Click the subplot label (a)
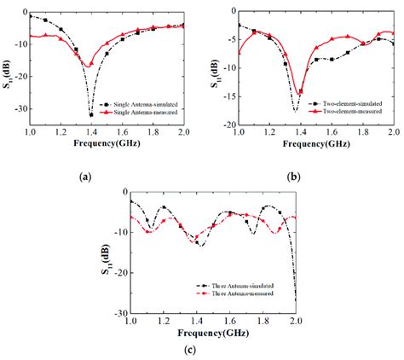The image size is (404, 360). point(84,177)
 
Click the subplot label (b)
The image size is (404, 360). point(291,177)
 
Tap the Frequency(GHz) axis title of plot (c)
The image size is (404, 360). point(212,331)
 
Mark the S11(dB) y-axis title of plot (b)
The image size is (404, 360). point(212,67)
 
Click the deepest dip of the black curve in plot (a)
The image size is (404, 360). point(90,114)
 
